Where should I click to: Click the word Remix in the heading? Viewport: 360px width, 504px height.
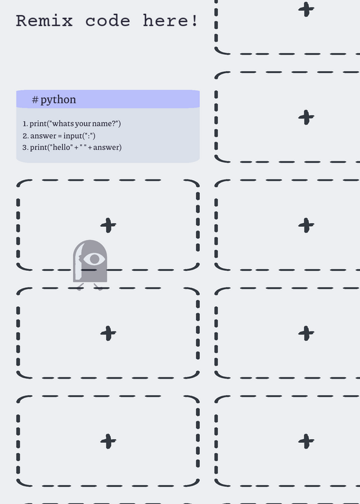(44, 21)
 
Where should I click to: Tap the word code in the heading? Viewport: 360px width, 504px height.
(108, 21)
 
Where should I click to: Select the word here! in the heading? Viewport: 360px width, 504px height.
(170, 21)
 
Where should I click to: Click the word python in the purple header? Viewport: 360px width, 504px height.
(58, 100)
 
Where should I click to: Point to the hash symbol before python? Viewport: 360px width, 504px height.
(35, 100)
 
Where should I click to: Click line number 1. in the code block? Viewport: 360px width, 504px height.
(25, 123)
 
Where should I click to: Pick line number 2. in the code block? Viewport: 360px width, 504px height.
(25, 136)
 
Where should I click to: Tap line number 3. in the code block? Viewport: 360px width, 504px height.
(25, 147)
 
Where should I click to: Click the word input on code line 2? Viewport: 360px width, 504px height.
(73, 136)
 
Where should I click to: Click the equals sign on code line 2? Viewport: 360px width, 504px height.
(60, 136)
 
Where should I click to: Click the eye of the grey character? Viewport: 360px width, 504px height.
(94, 259)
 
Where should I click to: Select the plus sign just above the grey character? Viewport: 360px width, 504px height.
(108, 225)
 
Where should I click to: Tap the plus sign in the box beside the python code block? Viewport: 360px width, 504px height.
(306, 117)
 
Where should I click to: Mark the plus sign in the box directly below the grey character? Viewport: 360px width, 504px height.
(108, 333)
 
